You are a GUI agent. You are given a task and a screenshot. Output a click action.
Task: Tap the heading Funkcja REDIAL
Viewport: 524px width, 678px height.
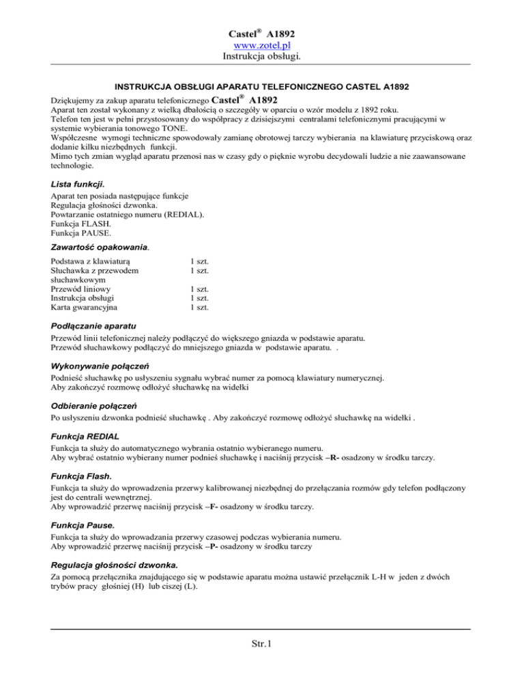tap(85, 435)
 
